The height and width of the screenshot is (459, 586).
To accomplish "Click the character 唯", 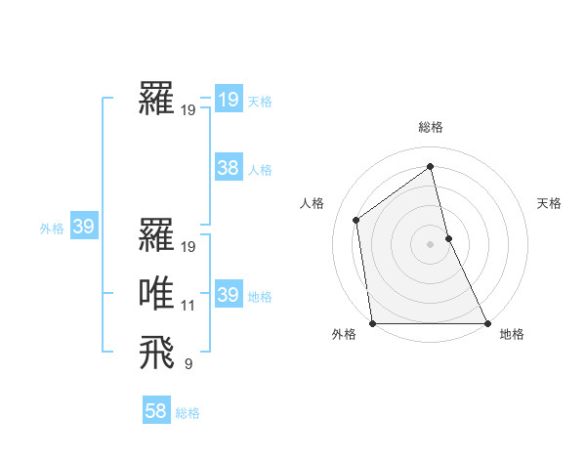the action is click(x=157, y=295).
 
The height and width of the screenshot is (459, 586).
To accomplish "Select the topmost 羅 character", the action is click(x=157, y=100).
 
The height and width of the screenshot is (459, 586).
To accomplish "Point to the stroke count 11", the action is click(x=188, y=306).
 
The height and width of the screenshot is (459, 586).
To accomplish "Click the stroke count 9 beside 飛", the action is click(x=188, y=364).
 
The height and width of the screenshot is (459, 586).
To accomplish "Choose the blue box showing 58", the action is click(x=156, y=411).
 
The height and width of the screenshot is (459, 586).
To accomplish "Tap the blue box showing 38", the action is click(x=229, y=168).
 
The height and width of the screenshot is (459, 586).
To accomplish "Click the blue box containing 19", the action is click(x=229, y=100).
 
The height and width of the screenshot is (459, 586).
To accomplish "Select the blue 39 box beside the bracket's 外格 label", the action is click(x=83, y=228).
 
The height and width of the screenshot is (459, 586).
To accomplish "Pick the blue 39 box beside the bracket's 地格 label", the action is click(x=229, y=295).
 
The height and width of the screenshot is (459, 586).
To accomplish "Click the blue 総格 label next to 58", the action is click(x=188, y=413).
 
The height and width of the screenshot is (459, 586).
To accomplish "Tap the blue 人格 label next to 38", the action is click(x=260, y=170).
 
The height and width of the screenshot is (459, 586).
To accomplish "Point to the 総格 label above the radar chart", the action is click(x=431, y=127).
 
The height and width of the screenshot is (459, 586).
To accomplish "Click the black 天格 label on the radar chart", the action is click(x=549, y=203).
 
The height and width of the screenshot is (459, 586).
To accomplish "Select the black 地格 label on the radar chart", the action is click(x=512, y=334).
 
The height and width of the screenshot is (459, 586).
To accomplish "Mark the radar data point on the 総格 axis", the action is click(x=431, y=167).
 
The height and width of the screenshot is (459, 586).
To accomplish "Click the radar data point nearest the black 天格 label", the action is click(x=448, y=237).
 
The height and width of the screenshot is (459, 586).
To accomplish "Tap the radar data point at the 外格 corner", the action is click(x=373, y=323).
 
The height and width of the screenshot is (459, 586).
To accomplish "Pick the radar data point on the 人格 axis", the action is click(x=356, y=220).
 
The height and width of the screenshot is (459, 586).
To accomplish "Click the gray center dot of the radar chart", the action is click(x=431, y=243).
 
